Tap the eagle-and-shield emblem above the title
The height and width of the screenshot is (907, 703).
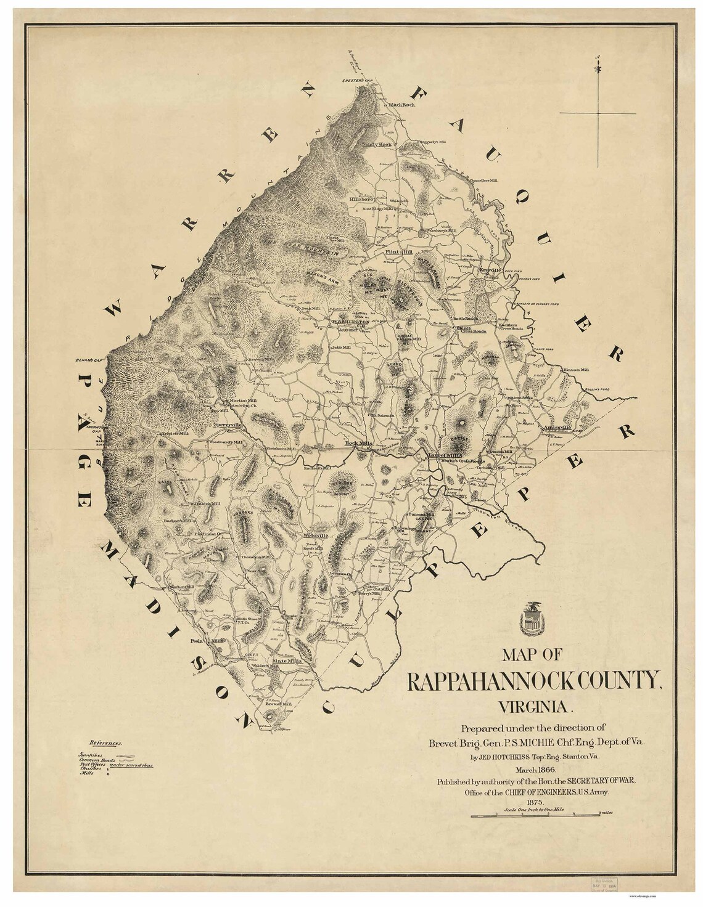point(530,619)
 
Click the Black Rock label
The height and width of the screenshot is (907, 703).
point(402,105)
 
